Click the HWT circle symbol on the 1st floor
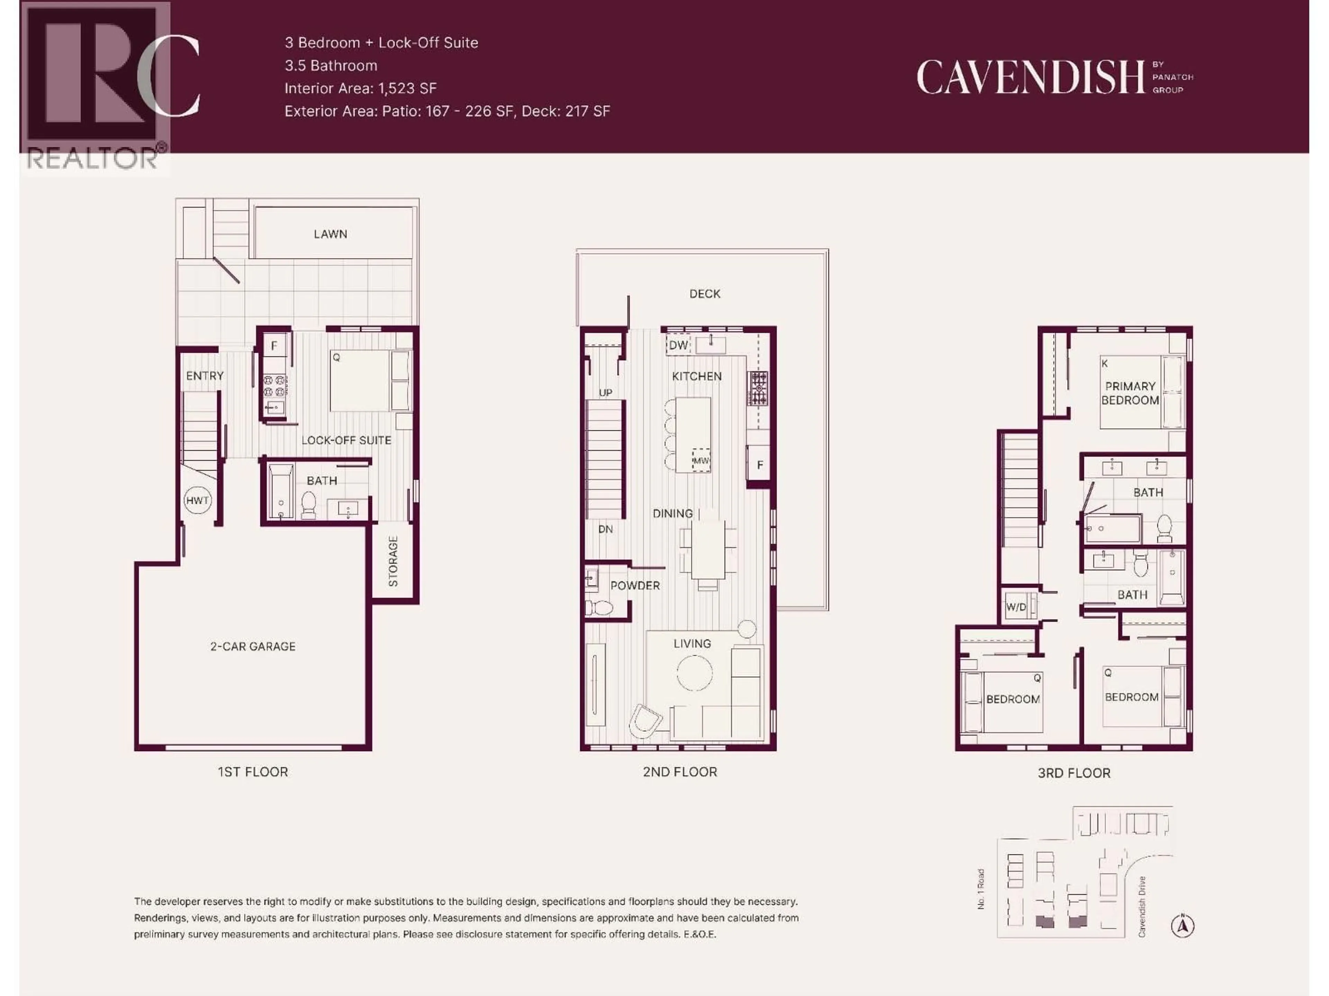(x=198, y=500)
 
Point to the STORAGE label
(x=393, y=561)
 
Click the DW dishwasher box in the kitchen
(x=678, y=345)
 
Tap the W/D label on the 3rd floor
(x=1016, y=607)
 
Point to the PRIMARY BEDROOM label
(x=1130, y=393)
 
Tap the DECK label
(x=704, y=294)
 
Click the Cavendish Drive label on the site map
(x=1141, y=906)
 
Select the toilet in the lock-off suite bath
(x=308, y=504)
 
